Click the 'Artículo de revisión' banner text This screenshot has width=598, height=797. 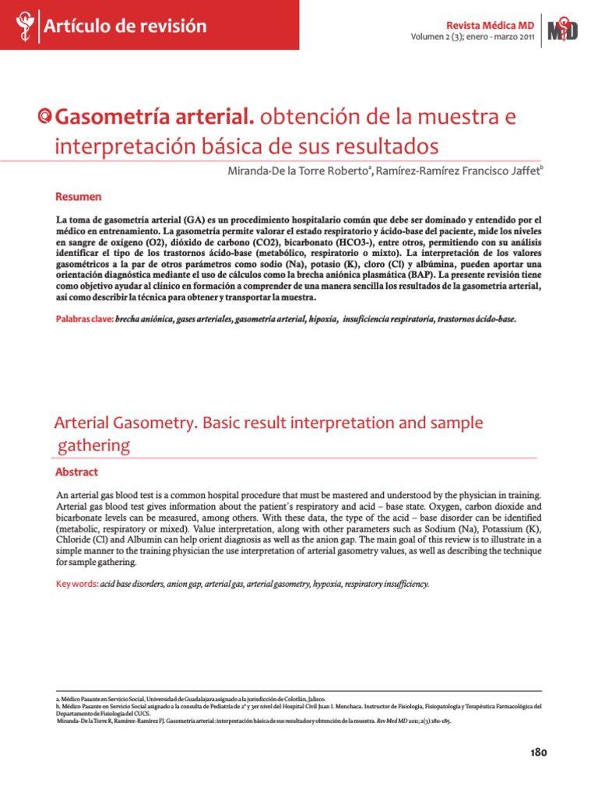click(x=125, y=26)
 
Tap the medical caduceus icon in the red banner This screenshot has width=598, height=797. click(x=23, y=26)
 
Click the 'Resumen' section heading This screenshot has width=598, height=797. click(x=78, y=197)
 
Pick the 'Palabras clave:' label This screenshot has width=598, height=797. click(x=84, y=319)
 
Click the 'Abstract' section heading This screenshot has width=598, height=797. click(x=76, y=472)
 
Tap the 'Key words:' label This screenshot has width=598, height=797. click(x=76, y=583)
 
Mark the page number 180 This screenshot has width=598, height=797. click(x=538, y=752)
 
